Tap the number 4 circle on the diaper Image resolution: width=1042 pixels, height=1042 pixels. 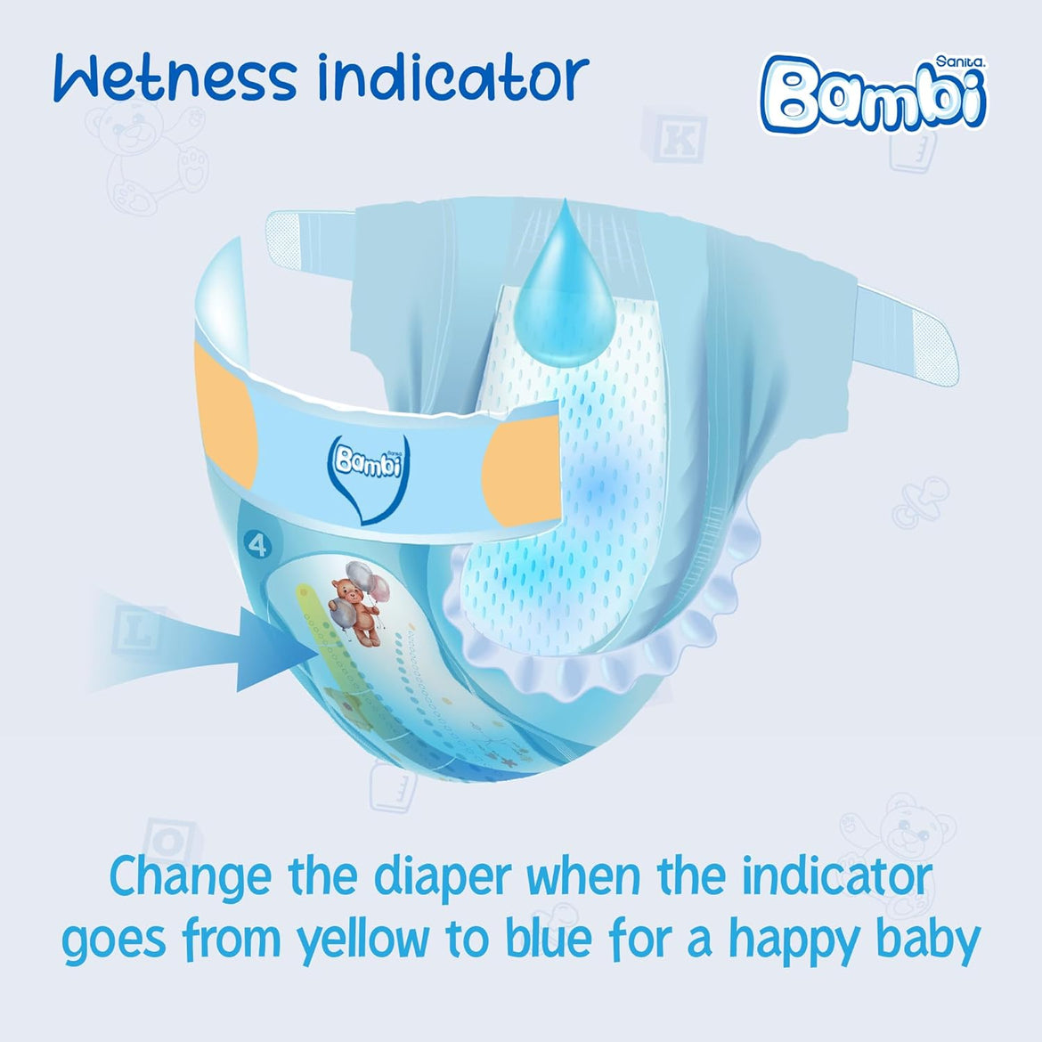click(257, 545)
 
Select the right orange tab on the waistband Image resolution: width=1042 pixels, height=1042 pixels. click(524, 464)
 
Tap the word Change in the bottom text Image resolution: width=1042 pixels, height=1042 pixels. click(190, 877)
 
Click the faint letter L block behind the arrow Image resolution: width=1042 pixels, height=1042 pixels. click(135, 630)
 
